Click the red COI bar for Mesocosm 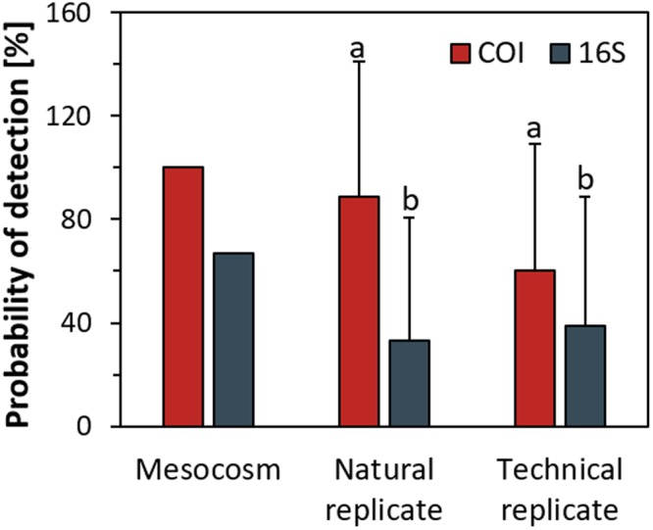pyautogui.click(x=183, y=297)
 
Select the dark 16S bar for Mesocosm pyautogui.click(x=233, y=340)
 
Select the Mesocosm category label pyautogui.click(x=208, y=470)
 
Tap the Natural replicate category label pyautogui.click(x=384, y=490)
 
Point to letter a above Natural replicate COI pyautogui.click(x=359, y=47)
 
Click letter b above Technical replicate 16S pyautogui.click(x=585, y=180)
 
